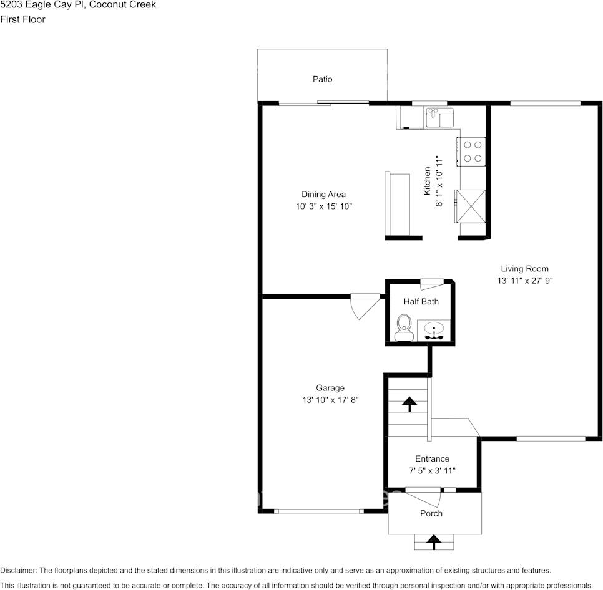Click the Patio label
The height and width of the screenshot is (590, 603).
tap(322, 79)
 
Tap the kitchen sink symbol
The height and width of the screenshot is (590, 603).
tap(440, 117)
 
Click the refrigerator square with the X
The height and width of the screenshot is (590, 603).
tap(472, 205)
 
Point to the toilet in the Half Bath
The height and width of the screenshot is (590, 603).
tap(404, 327)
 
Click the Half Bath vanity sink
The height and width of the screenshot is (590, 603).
tap(433, 329)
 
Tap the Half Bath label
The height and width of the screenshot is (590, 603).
tap(421, 301)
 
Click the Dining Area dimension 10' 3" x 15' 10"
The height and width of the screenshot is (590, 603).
tap(324, 206)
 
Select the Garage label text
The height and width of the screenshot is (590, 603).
tap(330, 388)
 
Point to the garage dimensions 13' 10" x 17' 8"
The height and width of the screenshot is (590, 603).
tap(330, 400)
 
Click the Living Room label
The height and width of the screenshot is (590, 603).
tap(524, 269)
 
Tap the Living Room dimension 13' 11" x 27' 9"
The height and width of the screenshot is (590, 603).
tap(524, 281)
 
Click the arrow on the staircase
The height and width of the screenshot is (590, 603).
tap(409, 404)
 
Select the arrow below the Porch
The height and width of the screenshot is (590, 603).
tap(432, 541)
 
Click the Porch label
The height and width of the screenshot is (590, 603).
tap(431, 513)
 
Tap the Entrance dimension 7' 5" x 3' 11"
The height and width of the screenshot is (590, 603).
tap(432, 471)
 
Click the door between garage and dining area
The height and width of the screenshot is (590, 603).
tap(365, 305)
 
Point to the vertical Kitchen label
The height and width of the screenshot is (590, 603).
tap(428, 181)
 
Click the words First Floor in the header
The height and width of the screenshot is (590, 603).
tap(22, 19)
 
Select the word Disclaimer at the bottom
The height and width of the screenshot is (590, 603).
tap(19, 570)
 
